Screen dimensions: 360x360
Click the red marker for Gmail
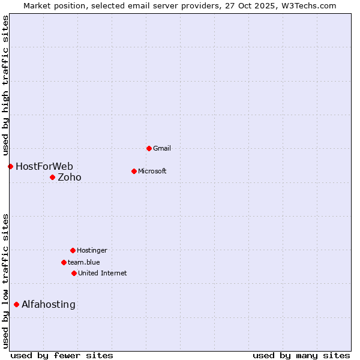coord(149,148)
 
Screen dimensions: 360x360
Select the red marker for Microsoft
coord(134,171)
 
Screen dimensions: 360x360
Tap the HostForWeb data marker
coord(10,166)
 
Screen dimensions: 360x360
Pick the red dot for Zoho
coord(52,177)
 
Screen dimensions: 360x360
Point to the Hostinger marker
coord(73,250)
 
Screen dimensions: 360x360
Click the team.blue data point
coord(64,262)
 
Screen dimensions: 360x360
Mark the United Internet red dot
coord(74,273)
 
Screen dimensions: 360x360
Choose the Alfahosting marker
coord(16,304)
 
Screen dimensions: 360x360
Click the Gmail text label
coord(162,148)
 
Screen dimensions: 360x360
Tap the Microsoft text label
coord(152,171)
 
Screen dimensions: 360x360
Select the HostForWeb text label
coord(44,166)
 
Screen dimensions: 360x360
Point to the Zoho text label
coord(70,177)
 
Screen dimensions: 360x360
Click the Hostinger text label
coord(92,250)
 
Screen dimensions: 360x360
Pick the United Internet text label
coord(103,273)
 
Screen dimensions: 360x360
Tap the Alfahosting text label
coord(49,304)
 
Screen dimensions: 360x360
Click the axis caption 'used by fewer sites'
coord(62,355)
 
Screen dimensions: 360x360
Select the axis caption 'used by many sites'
coord(301,355)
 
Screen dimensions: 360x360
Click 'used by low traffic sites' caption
coord(6,280)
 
